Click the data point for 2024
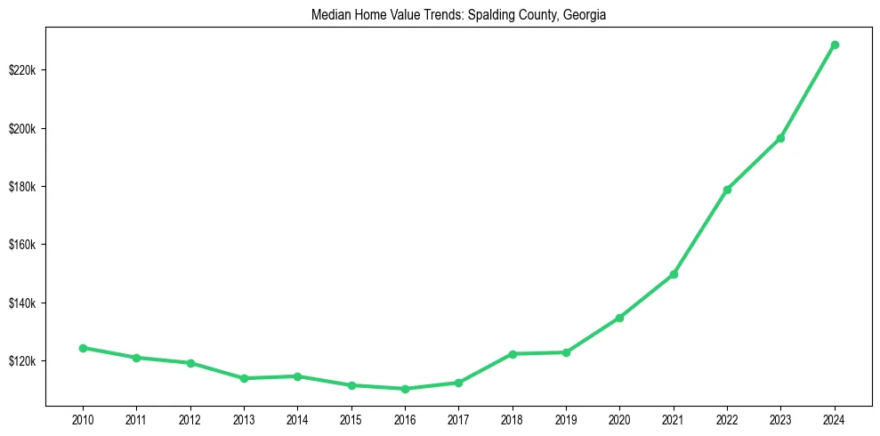835,44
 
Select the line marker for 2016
405,389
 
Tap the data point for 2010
83,348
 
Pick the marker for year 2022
727,190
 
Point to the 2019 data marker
566,352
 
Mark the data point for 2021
674,274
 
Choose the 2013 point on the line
244,378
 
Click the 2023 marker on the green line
780,138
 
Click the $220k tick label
23,70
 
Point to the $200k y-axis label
23,128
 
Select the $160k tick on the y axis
23,245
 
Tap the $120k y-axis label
23,361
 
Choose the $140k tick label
23,303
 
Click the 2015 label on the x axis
351,419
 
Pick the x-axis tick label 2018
513,419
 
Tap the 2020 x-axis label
620,419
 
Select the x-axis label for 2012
190,419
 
